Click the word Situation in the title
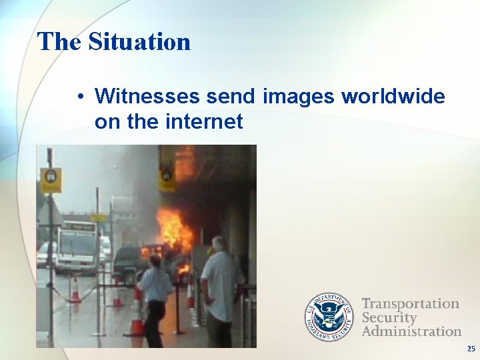(x=139, y=42)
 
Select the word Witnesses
(x=147, y=97)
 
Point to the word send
(x=231, y=97)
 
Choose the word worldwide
(x=393, y=97)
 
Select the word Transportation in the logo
(x=410, y=304)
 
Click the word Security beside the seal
(x=389, y=317)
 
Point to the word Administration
(x=411, y=331)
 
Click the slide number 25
(x=471, y=349)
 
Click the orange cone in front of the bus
(x=75, y=291)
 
